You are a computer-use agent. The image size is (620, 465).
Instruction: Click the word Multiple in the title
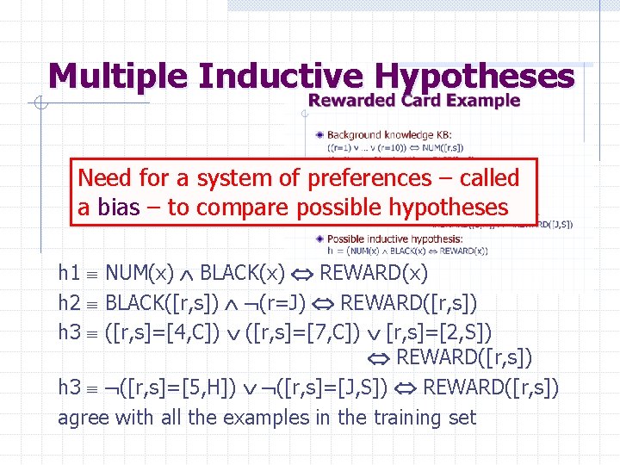click(118, 77)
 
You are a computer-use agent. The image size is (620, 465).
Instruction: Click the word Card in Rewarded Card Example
click(420, 101)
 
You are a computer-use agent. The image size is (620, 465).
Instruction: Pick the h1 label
click(69, 273)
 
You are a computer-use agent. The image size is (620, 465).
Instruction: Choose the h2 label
click(69, 302)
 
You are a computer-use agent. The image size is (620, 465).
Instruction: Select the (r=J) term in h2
click(282, 302)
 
